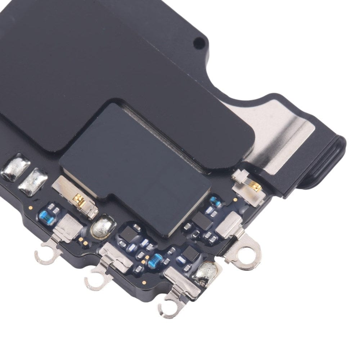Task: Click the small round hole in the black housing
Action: (198, 44)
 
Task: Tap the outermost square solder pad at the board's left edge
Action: (15, 168)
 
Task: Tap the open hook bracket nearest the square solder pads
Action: (46, 253)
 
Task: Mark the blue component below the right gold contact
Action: (216, 201)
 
